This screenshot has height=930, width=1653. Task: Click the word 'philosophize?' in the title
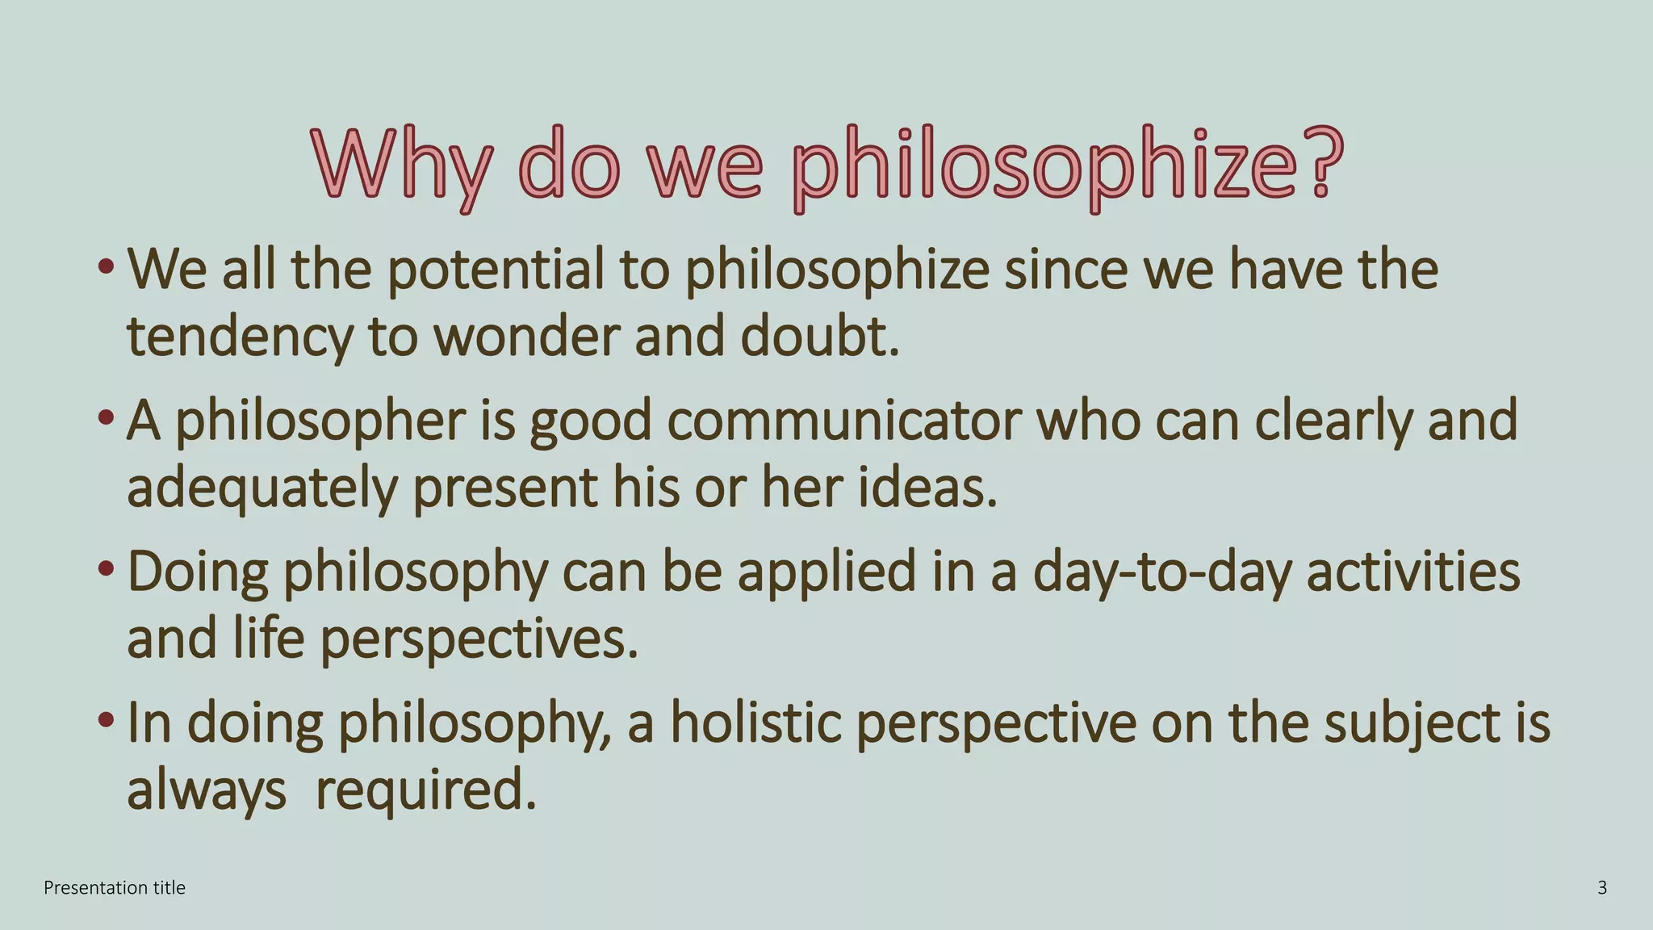(1067, 165)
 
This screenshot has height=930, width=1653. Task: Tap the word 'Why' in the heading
(400, 165)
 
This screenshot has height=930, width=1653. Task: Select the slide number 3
(1602, 888)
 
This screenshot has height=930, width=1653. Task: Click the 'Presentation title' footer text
(115, 888)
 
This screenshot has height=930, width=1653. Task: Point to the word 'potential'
(495, 270)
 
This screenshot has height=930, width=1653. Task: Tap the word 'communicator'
(844, 421)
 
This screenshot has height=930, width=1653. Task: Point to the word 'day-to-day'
(1162, 572)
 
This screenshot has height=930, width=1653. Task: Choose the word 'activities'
(1412, 572)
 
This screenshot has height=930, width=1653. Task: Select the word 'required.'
(425, 790)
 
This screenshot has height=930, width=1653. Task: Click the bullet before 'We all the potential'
(105, 266)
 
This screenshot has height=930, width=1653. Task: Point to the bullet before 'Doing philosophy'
(105, 568)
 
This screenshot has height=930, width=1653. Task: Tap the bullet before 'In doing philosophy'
(105, 718)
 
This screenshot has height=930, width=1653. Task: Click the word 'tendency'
(240, 337)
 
